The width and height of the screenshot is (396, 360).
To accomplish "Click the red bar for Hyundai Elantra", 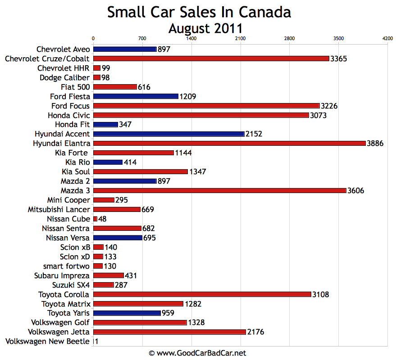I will pyautogui.click(x=229, y=143).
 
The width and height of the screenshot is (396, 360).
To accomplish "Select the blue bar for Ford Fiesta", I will pyautogui.click(x=136, y=96).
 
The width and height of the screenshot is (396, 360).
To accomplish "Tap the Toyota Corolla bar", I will pyautogui.click(x=202, y=294).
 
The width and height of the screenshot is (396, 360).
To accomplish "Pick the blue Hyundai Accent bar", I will pyautogui.click(x=168, y=134).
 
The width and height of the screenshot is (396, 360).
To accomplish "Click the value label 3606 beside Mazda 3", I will pyautogui.click(x=356, y=190).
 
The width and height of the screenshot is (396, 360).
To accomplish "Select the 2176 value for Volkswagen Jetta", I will pyautogui.click(x=255, y=332).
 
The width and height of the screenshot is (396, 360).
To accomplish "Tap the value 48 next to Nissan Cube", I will pyautogui.click(x=102, y=219).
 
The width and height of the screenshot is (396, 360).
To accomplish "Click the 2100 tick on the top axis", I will pyautogui.click(x=240, y=39).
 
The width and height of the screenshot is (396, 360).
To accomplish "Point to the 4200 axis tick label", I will pyautogui.click(x=387, y=39).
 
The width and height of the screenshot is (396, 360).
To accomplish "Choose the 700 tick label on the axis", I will pyautogui.click(x=142, y=39).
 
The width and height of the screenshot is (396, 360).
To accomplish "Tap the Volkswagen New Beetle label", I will pyautogui.click(x=48, y=342).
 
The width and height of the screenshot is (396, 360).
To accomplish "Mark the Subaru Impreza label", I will pyautogui.click(x=62, y=275).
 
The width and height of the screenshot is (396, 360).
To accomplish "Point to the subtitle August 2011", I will pyautogui.click(x=205, y=28).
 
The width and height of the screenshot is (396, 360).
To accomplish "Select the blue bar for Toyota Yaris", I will pyautogui.click(x=127, y=313).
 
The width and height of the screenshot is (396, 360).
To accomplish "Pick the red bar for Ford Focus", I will pyautogui.click(x=206, y=106).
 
